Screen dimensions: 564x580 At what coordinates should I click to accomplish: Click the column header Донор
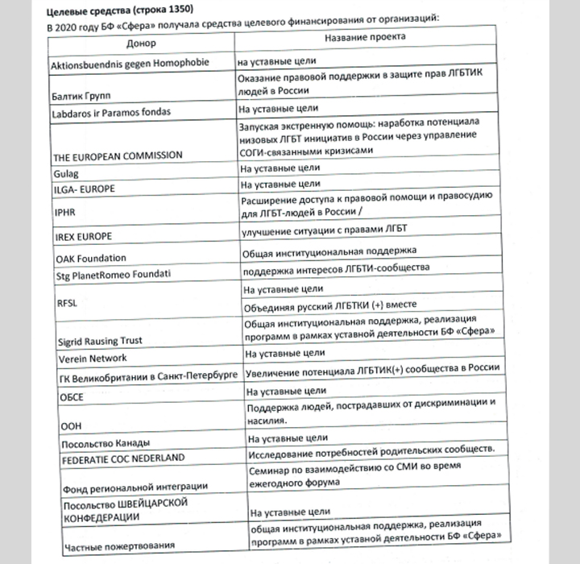coord(142,42)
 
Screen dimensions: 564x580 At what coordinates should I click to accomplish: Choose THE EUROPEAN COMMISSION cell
coord(116,155)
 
